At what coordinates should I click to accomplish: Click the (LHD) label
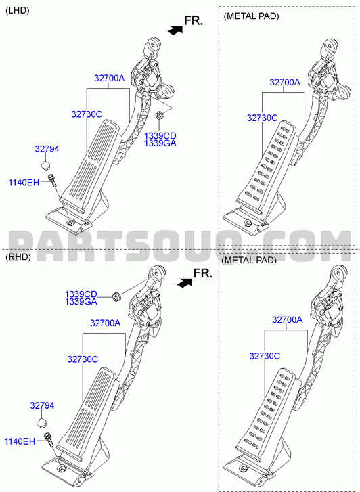18,10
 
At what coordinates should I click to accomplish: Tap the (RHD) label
18,257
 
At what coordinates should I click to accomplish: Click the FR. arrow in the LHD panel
175,30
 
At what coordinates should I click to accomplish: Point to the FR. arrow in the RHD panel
184,283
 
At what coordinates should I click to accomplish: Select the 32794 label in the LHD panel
47,149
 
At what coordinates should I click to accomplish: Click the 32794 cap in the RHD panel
43,423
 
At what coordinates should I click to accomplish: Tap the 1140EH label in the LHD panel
24,182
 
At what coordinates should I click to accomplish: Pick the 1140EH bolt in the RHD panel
51,441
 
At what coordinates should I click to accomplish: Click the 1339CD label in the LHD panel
160,136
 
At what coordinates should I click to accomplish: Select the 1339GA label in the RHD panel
81,302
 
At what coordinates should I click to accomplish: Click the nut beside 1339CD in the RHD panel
117,296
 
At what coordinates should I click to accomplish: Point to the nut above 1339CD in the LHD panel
159,115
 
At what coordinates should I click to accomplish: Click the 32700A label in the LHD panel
110,78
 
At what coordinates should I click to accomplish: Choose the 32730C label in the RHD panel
83,359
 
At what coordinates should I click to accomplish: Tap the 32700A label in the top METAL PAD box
285,82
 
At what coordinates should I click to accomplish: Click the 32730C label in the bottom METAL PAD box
265,356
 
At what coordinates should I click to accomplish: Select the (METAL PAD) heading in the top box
251,16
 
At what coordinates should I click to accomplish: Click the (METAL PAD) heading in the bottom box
249,260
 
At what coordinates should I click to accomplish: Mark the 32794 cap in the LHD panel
46,164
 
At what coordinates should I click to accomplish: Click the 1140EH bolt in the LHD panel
52,181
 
